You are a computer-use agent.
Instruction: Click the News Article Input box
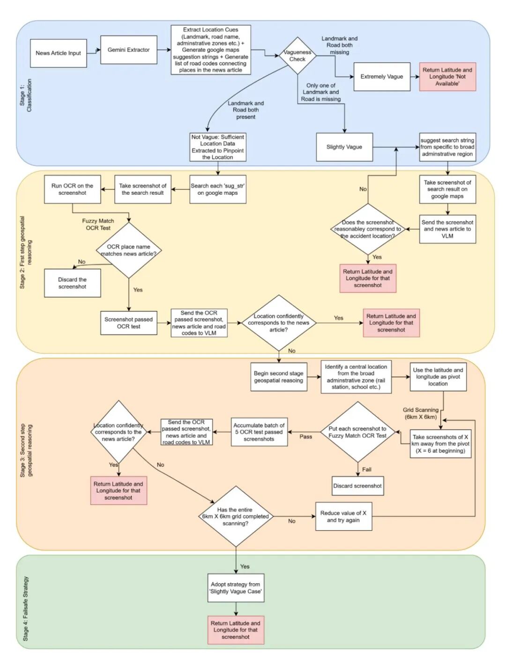(x=58, y=53)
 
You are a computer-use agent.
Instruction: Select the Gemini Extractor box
(x=128, y=50)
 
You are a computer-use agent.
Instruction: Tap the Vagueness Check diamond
(x=297, y=56)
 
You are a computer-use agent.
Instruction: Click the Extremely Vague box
(x=381, y=76)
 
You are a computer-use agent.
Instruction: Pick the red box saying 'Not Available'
(x=447, y=76)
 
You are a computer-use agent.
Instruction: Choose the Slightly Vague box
(x=344, y=147)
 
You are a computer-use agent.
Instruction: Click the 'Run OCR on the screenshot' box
(x=72, y=189)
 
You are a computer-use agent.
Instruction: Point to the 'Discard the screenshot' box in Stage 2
(x=72, y=283)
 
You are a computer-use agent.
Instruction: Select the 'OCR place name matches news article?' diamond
(x=129, y=250)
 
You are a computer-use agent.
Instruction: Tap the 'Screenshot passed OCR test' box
(x=129, y=322)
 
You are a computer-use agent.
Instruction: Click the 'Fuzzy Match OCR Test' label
(x=98, y=224)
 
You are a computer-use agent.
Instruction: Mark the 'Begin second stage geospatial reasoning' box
(x=279, y=377)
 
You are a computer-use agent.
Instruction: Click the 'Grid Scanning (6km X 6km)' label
(x=421, y=413)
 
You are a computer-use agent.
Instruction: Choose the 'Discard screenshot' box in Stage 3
(x=357, y=486)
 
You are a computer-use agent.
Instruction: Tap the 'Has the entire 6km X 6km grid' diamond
(x=236, y=516)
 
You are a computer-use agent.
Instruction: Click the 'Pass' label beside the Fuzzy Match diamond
(x=305, y=436)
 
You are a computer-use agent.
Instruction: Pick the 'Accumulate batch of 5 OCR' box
(x=259, y=432)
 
